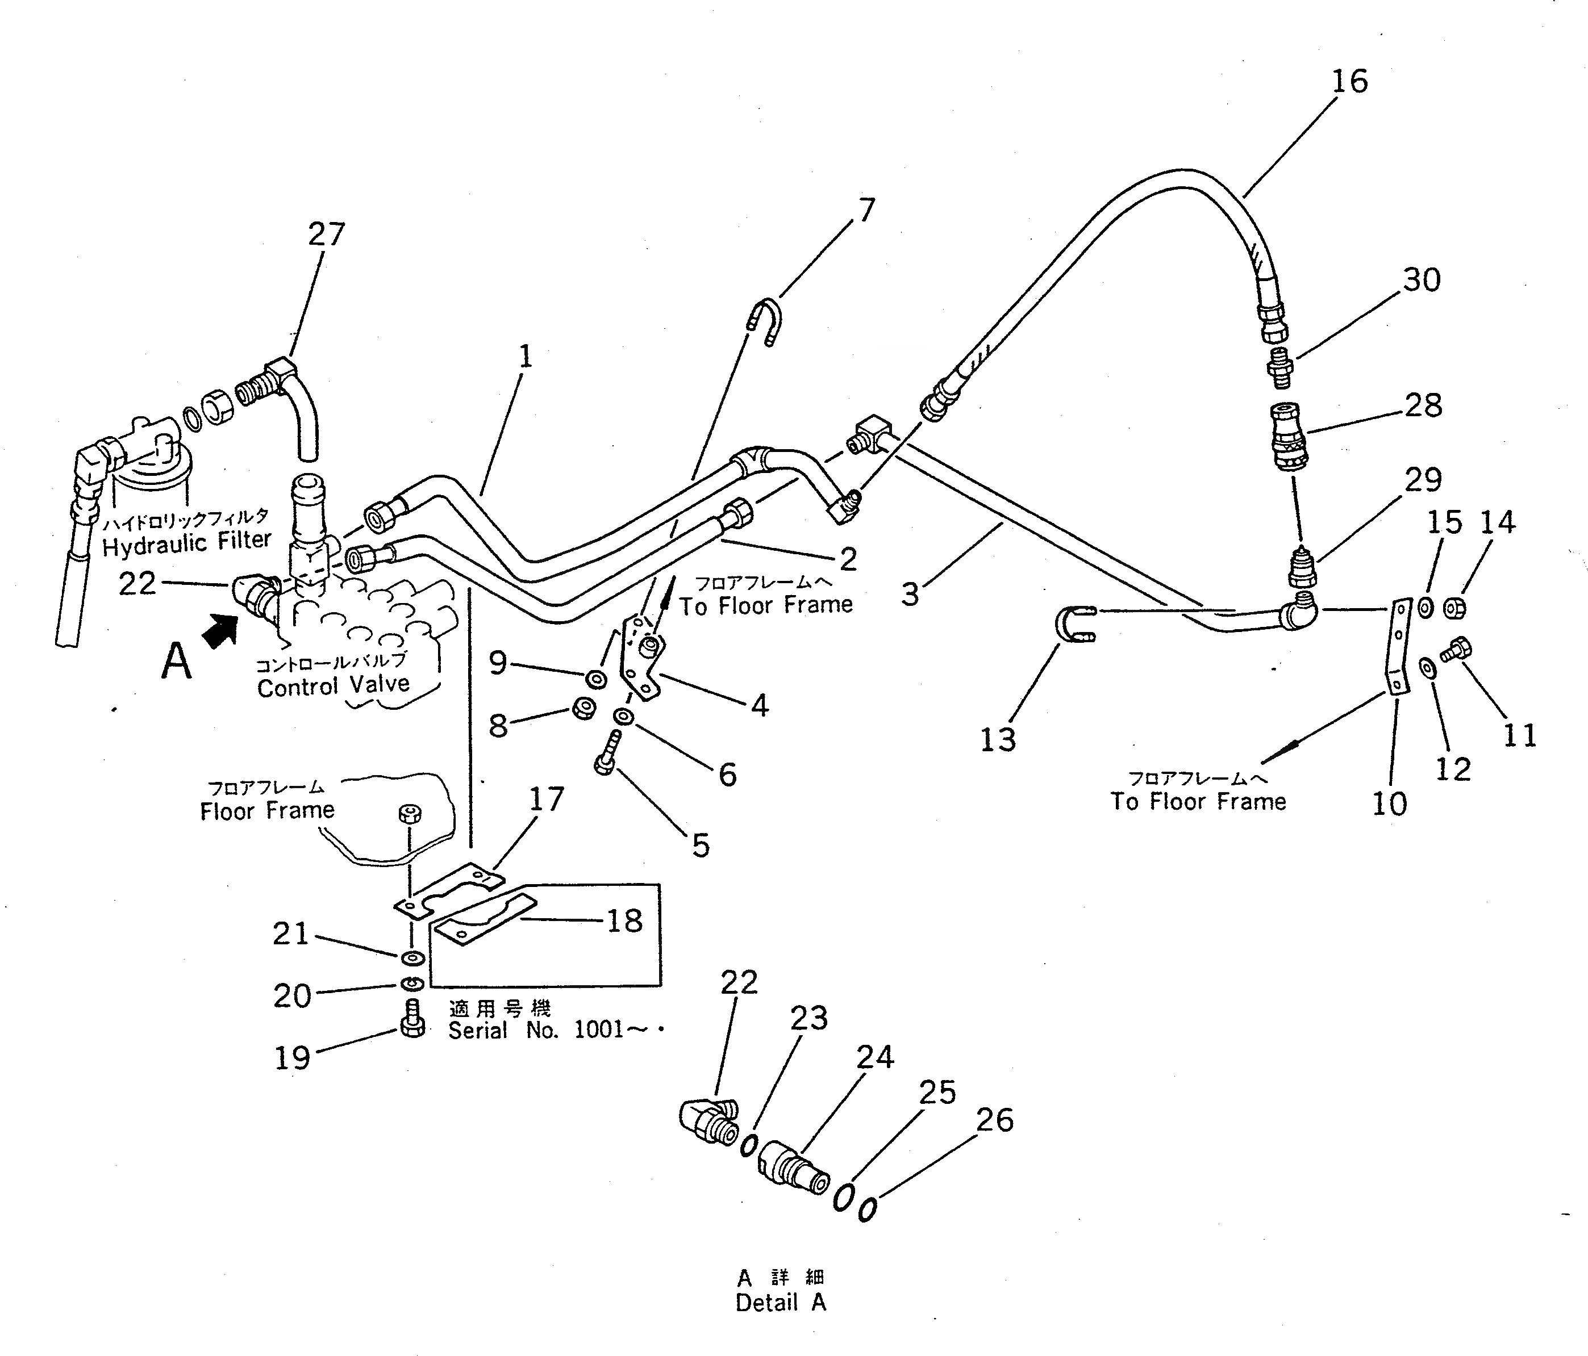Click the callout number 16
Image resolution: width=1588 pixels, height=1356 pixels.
(1349, 81)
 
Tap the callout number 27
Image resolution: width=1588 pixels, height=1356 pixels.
(327, 233)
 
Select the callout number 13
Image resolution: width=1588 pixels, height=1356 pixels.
(998, 739)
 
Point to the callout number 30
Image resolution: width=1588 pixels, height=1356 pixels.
(1422, 279)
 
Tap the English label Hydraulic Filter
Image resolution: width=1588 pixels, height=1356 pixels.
(186, 543)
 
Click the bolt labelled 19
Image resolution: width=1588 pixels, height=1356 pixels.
(412, 1019)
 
